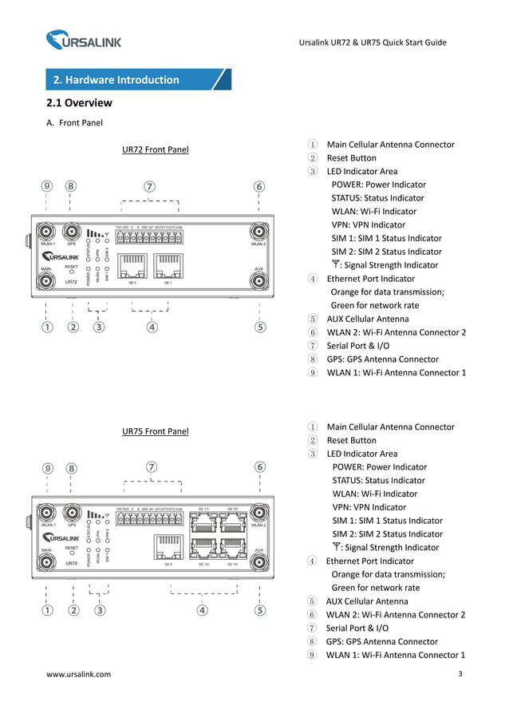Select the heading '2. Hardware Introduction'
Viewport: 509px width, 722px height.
point(116,80)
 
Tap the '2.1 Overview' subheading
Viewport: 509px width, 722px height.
point(79,103)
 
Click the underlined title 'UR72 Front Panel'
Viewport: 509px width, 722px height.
point(155,149)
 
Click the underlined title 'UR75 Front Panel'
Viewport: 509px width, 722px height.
point(155,432)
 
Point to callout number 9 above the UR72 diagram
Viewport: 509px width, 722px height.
point(47,186)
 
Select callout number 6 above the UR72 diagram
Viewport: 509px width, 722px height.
point(259,186)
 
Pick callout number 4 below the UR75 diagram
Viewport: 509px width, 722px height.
point(203,610)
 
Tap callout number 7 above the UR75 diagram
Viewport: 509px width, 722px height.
point(150,467)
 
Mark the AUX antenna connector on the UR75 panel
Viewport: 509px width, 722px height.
point(259,563)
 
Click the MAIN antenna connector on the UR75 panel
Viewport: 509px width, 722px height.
point(47,563)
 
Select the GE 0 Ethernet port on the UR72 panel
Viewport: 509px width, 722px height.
point(133,263)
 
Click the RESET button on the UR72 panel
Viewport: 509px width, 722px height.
point(72,272)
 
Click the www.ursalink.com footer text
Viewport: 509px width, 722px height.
point(79,675)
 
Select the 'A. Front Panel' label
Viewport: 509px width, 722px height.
point(75,123)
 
